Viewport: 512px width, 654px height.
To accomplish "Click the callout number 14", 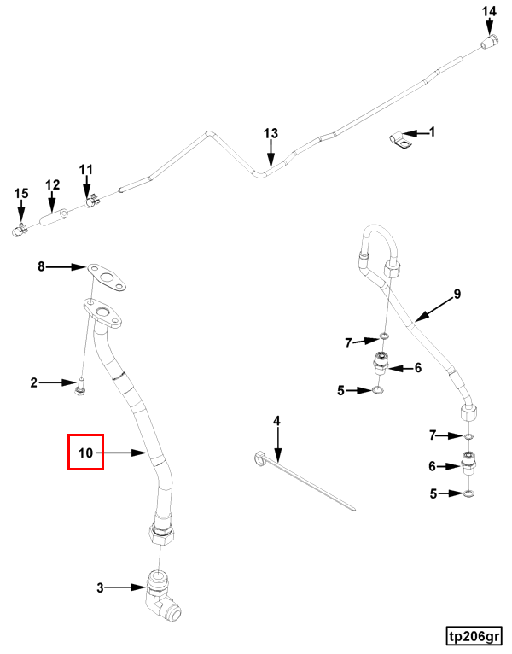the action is click(489, 11).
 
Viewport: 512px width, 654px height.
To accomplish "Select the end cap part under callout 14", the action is click(490, 42).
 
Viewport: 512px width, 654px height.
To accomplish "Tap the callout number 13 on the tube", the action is click(271, 133).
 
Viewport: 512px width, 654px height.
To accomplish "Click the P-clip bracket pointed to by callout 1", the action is click(400, 141).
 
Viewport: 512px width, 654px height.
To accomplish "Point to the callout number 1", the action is click(432, 131).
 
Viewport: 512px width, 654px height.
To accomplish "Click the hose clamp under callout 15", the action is click(19, 230).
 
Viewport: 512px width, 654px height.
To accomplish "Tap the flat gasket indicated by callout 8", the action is click(107, 277).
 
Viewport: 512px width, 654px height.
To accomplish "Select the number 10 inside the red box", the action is click(85, 453).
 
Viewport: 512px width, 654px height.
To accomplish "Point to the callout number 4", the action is click(276, 421).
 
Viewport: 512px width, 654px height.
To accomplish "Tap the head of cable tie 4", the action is click(259, 458).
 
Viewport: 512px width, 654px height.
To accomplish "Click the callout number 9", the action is click(457, 294).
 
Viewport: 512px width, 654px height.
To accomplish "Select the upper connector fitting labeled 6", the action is click(381, 362).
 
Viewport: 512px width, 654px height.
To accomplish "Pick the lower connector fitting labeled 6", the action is click(469, 463).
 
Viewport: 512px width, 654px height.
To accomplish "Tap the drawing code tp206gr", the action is click(474, 637).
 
